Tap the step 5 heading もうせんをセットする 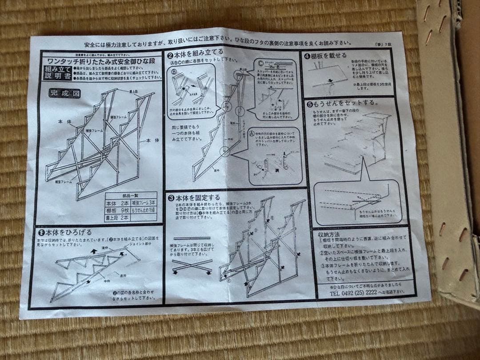[342, 103]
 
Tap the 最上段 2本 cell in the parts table [118, 218]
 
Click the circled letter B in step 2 [174, 71]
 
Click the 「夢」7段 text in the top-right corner [383, 44]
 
